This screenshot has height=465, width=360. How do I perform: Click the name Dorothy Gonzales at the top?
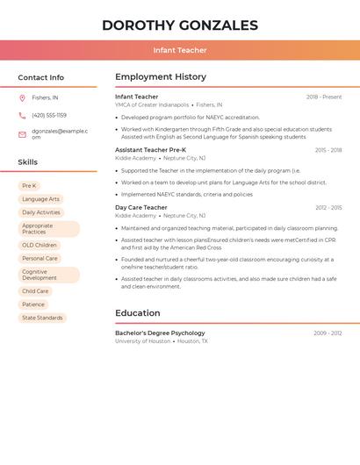180,25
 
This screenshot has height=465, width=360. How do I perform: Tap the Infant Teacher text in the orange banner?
180,50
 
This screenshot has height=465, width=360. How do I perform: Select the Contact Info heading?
41,77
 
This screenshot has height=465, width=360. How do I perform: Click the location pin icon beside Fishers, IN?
22,98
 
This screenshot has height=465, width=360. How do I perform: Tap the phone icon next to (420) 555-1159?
22,116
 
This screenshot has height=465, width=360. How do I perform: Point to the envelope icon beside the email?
22,134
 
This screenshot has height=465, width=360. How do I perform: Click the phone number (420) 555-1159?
49,116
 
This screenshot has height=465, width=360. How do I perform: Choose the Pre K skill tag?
29,186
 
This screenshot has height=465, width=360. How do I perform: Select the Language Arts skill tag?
40,199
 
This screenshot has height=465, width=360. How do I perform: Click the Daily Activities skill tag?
41,212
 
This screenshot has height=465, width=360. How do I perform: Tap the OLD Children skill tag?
40,246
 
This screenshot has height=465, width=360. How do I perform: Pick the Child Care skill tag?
35,291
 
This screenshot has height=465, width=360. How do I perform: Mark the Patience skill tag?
33,304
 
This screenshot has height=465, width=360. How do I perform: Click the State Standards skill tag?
42,318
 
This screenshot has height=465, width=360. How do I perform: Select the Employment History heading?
161,77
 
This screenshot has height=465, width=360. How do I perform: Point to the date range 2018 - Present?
324,97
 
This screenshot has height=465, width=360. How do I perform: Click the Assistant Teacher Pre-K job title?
150,150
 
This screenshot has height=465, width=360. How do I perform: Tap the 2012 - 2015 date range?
328,208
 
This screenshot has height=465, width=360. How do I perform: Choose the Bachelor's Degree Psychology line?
160,333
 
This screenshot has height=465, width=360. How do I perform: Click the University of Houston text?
142,341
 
